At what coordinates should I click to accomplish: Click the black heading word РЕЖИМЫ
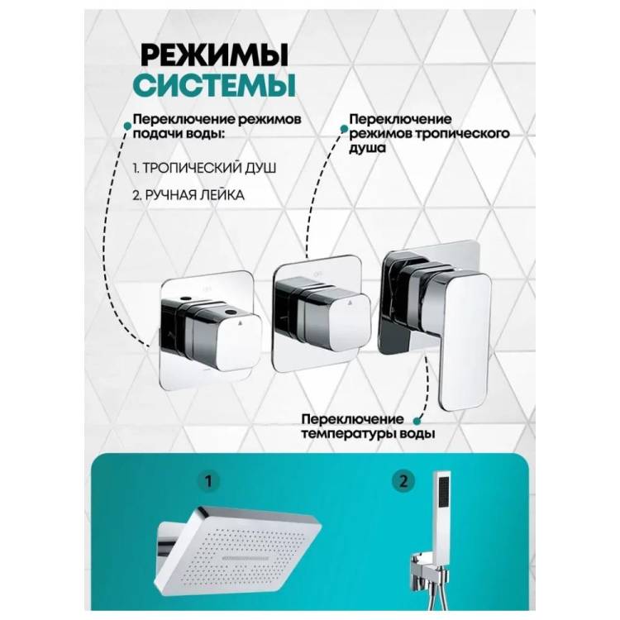(x=214, y=55)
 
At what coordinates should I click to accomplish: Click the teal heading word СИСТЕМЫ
(x=214, y=84)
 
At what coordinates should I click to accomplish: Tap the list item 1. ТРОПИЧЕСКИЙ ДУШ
(x=204, y=168)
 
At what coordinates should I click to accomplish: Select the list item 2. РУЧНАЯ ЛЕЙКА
(x=188, y=195)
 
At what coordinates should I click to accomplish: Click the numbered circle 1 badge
(x=208, y=482)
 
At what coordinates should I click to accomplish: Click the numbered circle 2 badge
(x=403, y=482)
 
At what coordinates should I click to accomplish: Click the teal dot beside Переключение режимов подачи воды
(x=127, y=126)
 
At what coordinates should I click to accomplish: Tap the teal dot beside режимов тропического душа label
(x=344, y=128)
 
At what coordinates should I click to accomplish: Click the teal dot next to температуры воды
(x=417, y=421)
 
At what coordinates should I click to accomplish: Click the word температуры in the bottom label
(x=349, y=434)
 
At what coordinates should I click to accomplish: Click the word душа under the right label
(x=367, y=148)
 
